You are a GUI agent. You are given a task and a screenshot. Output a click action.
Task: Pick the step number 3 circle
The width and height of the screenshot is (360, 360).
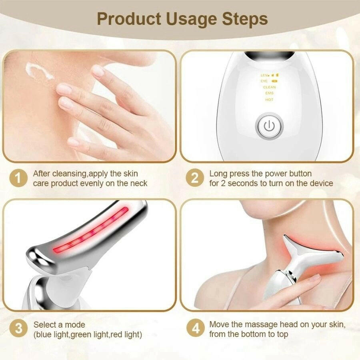click(x=18, y=329)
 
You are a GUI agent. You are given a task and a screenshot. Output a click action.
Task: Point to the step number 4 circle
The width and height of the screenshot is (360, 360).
click(x=195, y=329)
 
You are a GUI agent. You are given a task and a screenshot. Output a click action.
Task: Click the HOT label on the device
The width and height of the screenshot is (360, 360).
click(x=269, y=100)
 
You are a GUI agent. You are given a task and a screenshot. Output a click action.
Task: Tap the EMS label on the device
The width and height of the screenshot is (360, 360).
click(x=269, y=93)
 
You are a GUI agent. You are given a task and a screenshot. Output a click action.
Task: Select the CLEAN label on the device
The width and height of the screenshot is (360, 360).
click(x=269, y=87)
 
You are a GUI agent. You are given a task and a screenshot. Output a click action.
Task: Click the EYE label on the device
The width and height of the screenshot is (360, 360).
click(x=264, y=81)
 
